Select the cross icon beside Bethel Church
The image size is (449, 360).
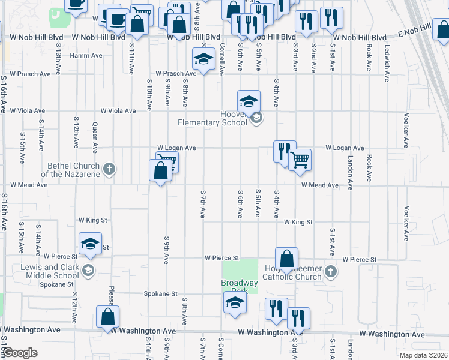click(x=109, y=169)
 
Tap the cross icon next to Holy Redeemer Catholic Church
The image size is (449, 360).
click(x=330, y=272)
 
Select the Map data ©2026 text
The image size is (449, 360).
click(x=424, y=355)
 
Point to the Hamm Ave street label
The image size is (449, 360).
click(x=86, y=56)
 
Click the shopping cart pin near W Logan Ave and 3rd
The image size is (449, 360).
click(x=300, y=160)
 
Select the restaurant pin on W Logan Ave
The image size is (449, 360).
click(x=283, y=151)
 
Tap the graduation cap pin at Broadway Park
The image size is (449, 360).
click(x=235, y=302)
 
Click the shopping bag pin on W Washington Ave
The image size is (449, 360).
click(x=107, y=317)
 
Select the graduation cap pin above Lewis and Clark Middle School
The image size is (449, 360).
click(x=90, y=244)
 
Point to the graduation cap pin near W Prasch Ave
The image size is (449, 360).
click(x=203, y=59)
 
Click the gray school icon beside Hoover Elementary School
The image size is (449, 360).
click(x=256, y=118)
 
